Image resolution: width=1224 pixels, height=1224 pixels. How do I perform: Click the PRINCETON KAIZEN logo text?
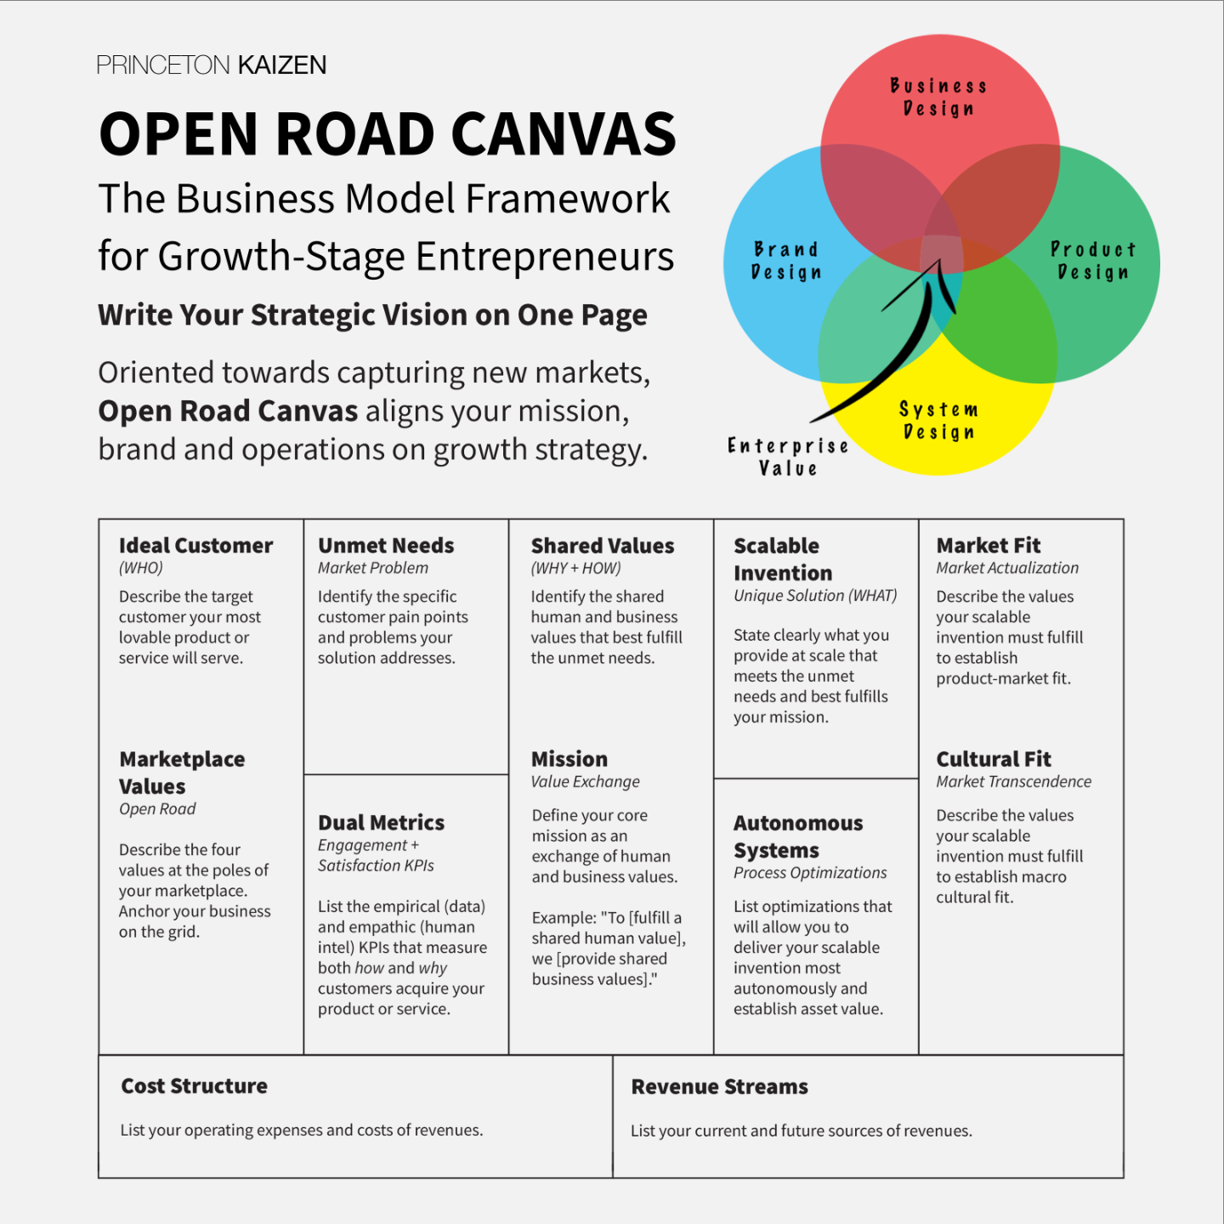211,65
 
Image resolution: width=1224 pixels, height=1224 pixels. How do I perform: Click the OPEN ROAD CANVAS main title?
388,134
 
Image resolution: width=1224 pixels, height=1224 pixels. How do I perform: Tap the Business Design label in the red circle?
938,97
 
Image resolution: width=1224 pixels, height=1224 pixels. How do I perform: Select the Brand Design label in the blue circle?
786,261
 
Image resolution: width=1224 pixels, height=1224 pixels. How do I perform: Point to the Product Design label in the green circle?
1093,261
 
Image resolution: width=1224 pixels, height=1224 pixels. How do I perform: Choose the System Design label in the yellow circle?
938,421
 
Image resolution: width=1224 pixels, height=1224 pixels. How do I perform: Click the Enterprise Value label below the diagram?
788,457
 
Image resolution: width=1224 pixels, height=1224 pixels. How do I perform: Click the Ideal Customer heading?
195,546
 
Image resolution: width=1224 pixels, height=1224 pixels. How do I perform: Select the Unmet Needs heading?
386,546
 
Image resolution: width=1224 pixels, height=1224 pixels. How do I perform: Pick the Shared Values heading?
603,546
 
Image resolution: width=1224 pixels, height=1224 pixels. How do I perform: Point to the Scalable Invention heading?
783,559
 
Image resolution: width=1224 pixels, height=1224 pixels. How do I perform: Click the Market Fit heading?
989,546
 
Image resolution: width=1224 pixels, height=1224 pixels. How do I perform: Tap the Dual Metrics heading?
381,823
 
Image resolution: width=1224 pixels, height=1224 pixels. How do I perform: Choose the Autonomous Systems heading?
798,836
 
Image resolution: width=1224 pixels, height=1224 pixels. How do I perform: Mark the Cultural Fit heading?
994,759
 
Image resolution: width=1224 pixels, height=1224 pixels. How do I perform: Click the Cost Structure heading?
194,1086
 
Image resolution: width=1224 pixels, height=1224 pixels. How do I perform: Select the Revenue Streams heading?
719,1087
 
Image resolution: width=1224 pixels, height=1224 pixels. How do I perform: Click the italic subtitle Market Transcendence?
1013,782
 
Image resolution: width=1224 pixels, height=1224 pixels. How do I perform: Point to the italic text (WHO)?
141,568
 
